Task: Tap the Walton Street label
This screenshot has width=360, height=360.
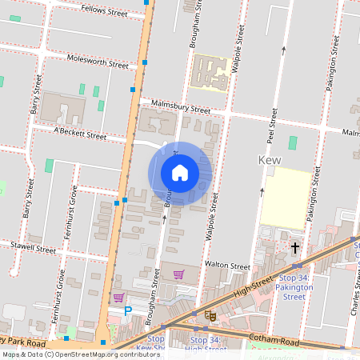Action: (x=227, y=264)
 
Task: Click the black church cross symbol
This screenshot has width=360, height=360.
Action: (x=294, y=248)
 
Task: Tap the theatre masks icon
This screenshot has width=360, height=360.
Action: (x=210, y=316)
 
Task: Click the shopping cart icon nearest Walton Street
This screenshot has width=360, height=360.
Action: (x=178, y=274)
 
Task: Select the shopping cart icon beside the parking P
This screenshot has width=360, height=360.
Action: (x=118, y=298)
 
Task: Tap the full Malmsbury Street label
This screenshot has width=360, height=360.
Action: (x=180, y=107)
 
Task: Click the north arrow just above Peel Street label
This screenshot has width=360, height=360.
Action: (x=282, y=50)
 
